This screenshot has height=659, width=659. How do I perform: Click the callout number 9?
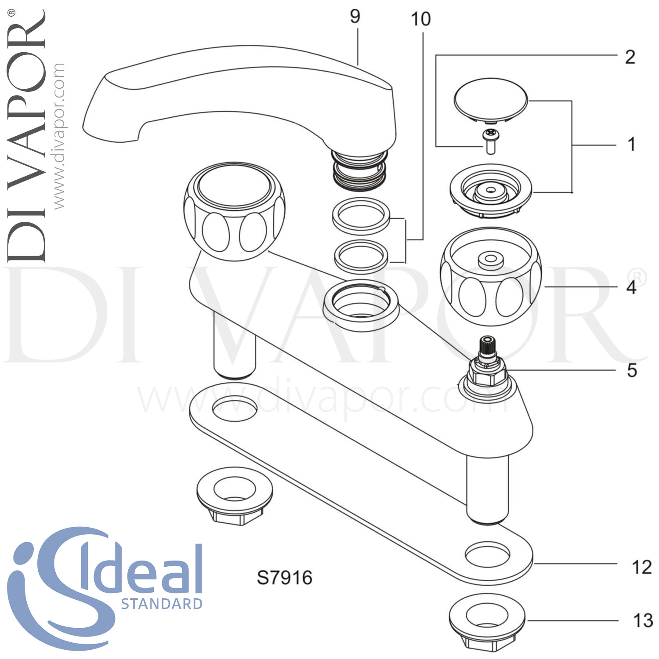click(x=355, y=16)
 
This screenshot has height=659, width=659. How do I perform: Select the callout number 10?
click(x=420, y=19)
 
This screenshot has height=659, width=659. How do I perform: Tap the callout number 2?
click(x=630, y=57)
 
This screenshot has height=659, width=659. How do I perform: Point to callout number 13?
click(x=642, y=621)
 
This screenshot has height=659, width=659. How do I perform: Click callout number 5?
click(x=632, y=370)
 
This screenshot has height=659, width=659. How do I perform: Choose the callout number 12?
click(x=641, y=567)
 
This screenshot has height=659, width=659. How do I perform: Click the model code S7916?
click(x=284, y=578)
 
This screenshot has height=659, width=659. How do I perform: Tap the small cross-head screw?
click(x=490, y=141)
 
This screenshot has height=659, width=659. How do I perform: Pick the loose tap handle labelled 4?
click(x=491, y=277)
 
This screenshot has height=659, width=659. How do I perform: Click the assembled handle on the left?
click(x=234, y=211)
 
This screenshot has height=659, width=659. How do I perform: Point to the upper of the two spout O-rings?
click(x=361, y=216)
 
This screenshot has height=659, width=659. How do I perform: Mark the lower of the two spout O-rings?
click(x=361, y=255)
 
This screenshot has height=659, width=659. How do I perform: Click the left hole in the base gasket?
click(x=234, y=407)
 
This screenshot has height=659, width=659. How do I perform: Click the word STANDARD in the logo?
click(x=161, y=604)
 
